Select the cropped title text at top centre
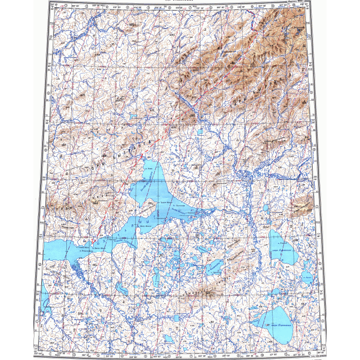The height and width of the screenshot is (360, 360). (179, 2)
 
